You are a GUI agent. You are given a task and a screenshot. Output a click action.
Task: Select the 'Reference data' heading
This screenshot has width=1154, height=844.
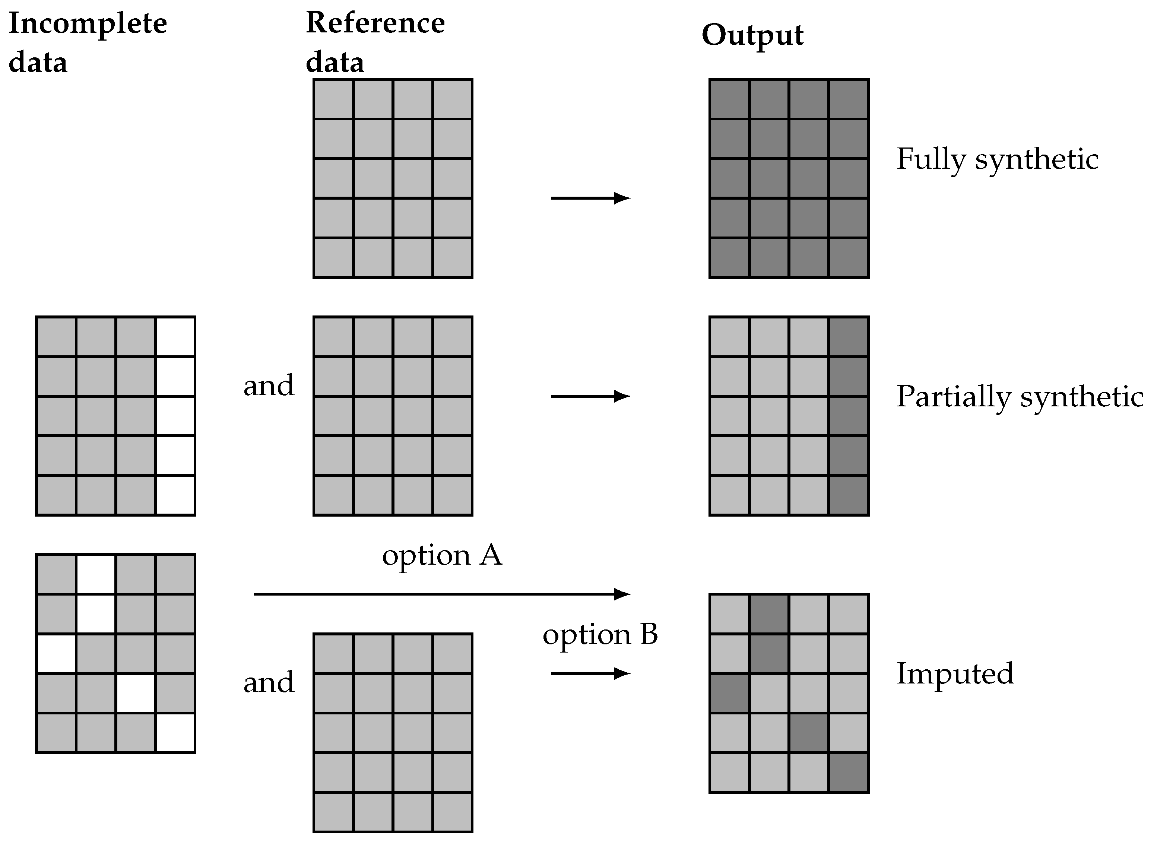375,43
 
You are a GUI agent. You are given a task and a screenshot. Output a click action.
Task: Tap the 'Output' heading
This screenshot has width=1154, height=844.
752,36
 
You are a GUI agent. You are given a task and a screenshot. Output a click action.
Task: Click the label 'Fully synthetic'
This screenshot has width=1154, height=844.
997,159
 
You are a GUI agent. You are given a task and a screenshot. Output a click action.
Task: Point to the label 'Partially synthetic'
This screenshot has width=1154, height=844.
1020,397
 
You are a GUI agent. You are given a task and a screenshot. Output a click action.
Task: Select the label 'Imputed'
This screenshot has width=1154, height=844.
955,674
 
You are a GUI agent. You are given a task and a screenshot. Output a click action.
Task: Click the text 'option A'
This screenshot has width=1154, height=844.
442,555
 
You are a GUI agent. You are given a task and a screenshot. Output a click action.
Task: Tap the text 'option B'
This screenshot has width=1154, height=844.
600,635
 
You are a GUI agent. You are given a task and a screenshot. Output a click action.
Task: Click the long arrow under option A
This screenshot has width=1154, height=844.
442,594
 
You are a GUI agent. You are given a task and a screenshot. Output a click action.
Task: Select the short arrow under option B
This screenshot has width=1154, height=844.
590,673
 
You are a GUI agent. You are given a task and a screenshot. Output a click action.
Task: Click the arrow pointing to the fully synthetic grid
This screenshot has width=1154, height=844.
590,198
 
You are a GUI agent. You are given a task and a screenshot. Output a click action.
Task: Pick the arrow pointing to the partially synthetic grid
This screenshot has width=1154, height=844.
590,396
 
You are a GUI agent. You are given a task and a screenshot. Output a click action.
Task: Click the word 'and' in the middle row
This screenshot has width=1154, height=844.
269,386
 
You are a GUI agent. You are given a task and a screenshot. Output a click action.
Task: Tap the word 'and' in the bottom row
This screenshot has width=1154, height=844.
269,683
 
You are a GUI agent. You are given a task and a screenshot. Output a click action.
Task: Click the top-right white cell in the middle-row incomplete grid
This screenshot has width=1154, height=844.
175,337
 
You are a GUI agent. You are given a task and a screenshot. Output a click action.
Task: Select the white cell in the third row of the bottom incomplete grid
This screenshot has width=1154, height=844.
56,654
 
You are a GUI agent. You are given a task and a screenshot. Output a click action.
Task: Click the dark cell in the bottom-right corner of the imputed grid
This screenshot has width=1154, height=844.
848,772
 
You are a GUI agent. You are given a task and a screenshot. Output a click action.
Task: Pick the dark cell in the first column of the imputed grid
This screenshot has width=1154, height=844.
729,693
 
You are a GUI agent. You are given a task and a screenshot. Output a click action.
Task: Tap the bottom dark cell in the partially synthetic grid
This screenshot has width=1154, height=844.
848,495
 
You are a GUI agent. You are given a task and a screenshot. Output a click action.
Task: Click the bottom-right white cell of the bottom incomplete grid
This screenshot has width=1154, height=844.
175,733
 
